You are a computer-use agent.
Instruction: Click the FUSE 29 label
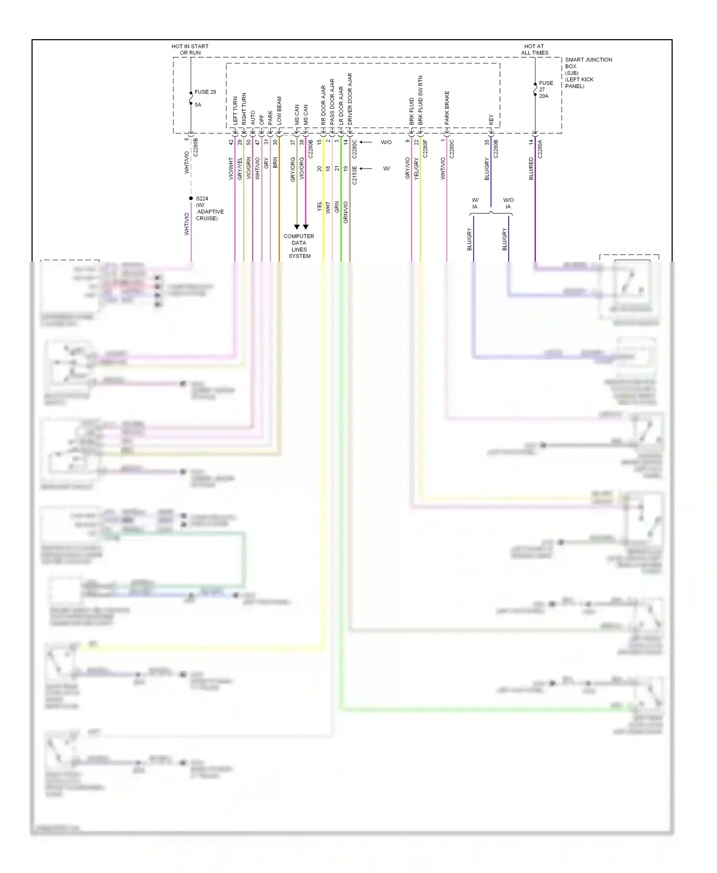205,92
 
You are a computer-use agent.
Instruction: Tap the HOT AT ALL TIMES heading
534,50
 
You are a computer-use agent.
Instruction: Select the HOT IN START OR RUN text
190,50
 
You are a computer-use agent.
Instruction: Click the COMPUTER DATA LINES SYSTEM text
299,246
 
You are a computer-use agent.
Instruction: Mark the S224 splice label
202,198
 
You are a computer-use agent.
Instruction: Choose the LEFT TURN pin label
235,111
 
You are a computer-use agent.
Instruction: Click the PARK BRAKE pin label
447,108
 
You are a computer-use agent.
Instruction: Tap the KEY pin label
491,120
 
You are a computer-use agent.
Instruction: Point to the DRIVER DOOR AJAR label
350,99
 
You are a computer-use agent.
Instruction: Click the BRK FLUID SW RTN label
421,100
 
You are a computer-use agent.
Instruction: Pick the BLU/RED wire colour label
531,169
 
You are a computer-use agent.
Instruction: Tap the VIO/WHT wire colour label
231,169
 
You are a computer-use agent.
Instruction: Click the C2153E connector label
355,175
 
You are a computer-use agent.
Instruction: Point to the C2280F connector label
425,149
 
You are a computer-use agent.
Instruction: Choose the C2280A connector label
540,149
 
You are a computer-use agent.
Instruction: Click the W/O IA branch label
508,203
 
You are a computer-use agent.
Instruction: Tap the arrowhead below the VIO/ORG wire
305,227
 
